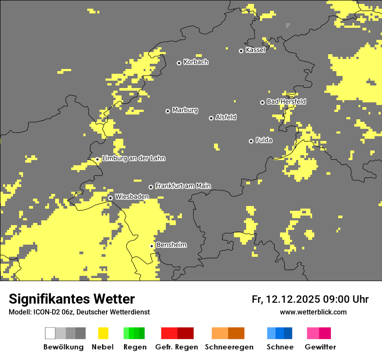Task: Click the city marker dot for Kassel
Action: (241, 51)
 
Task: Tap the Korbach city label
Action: (196, 62)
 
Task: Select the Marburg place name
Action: (185, 110)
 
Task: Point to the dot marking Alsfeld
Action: (211, 118)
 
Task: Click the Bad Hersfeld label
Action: (286, 101)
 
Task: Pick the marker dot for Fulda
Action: (251, 141)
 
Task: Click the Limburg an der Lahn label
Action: (133, 158)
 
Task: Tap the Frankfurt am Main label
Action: (183, 186)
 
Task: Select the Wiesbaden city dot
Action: (110, 198)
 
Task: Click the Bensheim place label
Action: (171, 245)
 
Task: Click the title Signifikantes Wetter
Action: (72, 299)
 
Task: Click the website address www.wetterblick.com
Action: (313, 312)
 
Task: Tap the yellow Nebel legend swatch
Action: (103, 333)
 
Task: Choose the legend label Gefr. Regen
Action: (177, 347)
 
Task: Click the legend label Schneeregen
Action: (229, 347)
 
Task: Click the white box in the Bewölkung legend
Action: (50, 333)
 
